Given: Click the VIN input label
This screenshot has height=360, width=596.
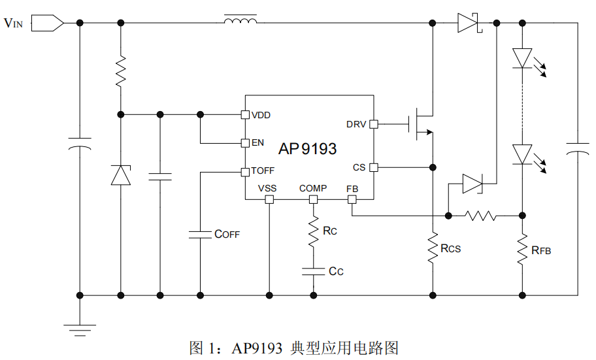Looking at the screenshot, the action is click(x=13, y=23).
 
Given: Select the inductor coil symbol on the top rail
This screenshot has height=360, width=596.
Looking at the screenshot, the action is click(x=240, y=20).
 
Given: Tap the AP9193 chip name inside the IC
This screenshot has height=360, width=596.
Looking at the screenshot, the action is click(x=308, y=148).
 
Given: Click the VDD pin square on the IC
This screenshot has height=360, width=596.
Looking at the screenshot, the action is click(x=246, y=114).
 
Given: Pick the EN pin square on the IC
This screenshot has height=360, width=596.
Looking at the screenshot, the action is click(x=246, y=143).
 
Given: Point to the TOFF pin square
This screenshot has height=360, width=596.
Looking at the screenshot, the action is click(x=246, y=172).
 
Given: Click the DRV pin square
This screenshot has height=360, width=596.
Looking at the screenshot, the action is click(x=374, y=124).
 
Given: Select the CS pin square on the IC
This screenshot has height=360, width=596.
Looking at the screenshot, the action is click(x=374, y=167).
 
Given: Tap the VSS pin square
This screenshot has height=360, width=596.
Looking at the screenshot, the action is click(x=269, y=199).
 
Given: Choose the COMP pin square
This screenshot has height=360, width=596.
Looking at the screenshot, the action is click(x=313, y=199).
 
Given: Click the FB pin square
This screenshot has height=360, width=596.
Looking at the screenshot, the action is click(x=352, y=199).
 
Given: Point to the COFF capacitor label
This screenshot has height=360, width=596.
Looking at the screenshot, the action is click(x=227, y=234).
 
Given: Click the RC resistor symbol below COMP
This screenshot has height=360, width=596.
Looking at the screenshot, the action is click(x=313, y=231).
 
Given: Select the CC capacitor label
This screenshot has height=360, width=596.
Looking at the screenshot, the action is click(x=336, y=271).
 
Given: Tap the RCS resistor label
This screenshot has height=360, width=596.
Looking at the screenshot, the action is click(x=450, y=249).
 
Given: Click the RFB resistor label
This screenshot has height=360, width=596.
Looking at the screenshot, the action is click(x=541, y=250).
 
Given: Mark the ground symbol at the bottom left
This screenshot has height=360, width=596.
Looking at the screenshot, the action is click(x=80, y=330).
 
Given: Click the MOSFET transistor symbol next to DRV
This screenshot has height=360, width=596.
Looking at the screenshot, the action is click(x=421, y=124).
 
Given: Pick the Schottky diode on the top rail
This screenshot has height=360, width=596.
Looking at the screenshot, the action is click(x=469, y=23).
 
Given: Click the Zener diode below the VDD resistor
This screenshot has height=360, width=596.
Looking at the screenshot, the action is click(x=121, y=175).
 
